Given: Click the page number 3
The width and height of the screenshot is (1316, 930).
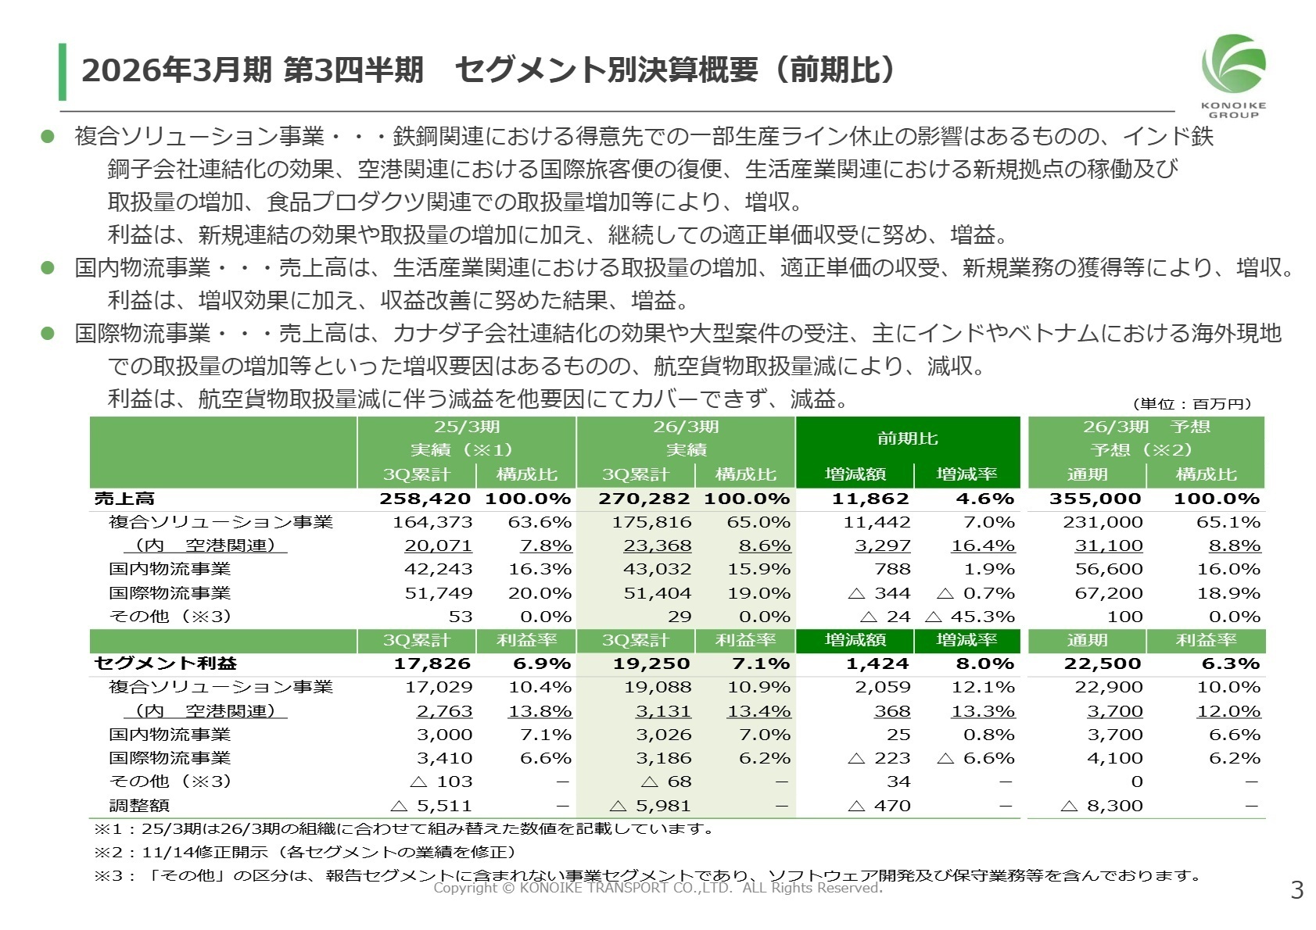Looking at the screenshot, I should [x=1296, y=889].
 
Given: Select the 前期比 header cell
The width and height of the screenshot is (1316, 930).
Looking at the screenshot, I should [x=907, y=438].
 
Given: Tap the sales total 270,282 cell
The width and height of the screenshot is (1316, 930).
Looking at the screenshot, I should [x=644, y=499].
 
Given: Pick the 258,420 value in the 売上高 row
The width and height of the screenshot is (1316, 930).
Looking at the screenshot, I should [x=425, y=499].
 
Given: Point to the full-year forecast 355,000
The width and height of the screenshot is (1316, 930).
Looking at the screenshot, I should [x=1095, y=499].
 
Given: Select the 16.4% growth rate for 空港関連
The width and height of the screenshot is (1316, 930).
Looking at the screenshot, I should [x=982, y=545].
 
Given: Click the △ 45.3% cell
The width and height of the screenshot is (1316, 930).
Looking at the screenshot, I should [x=970, y=617].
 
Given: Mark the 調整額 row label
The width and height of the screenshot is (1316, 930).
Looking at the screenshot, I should [x=139, y=806].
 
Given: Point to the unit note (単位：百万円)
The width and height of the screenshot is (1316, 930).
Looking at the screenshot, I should [x=1192, y=404].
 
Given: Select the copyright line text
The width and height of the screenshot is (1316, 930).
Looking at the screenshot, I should [x=658, y=888].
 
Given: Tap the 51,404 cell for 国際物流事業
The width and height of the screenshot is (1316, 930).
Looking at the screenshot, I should [x=657, y=593].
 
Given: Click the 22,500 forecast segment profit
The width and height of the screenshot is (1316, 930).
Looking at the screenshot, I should [x=1103, y=664].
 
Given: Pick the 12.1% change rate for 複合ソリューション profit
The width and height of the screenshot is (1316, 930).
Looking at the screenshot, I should [x=982, y=687].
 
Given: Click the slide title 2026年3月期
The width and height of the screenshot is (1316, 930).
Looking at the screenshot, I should [x=176, y=70].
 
